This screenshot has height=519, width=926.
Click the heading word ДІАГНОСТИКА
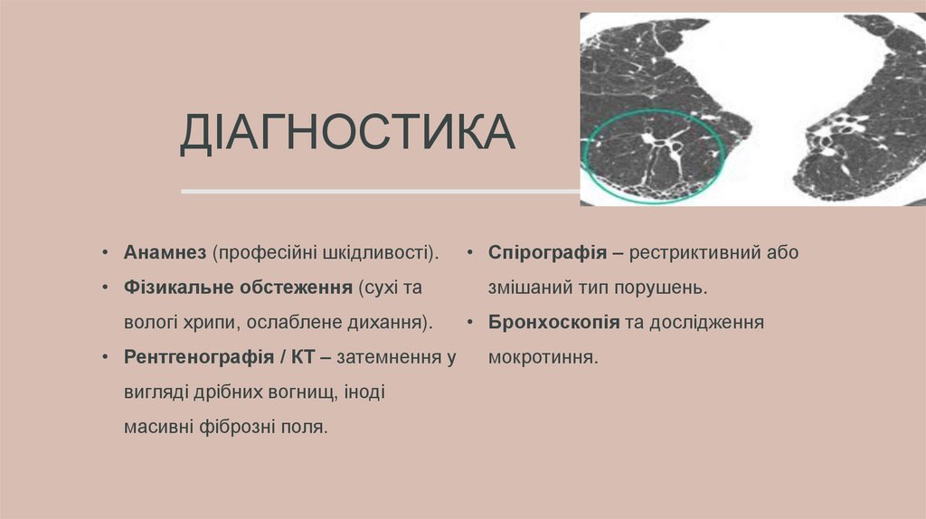[347, 133]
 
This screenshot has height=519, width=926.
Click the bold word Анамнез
[166, 252]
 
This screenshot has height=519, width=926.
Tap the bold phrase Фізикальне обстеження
[238, 288]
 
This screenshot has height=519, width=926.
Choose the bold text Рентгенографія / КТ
[219, 356]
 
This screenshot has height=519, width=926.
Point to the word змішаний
[527, 288]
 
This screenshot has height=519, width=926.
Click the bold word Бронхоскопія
[553, 322]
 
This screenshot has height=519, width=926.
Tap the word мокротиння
[543, 356]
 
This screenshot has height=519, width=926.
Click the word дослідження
[711, 322]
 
